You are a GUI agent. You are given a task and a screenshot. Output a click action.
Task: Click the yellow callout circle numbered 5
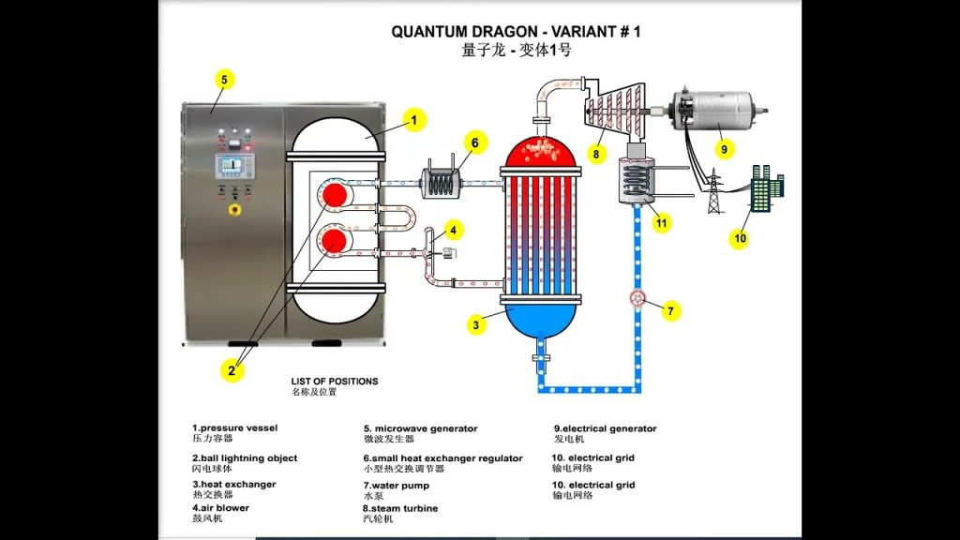pyautogui.click(x=223, y=80)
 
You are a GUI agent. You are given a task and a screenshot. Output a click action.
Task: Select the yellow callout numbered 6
pyautogui.click(x=474, y=143)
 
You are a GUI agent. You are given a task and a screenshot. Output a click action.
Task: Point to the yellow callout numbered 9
pyautogui.click(x=723, y=148)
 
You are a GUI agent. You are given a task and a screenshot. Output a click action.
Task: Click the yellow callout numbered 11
pyautogui.click(x=662, y=222)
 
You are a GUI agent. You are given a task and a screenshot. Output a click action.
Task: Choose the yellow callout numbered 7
pyautogui.click(x=670, y=311)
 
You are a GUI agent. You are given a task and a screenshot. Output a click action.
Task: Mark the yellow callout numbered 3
pyautogui.click(x=476, y=325)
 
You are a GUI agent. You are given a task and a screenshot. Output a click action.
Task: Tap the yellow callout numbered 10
pyautogui.click(x=740, y=239)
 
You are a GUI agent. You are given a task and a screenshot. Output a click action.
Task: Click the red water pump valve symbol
pyautogui.click(x=638, y=300)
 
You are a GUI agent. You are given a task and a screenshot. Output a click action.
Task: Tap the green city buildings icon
pyautogui.click(x=766, y=186)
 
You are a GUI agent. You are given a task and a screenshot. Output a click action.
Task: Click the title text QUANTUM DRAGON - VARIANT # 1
pyautogui.click(x=516, y=31)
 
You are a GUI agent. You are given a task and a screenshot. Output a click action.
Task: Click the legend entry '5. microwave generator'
pyautogui.click(x=421, y=429)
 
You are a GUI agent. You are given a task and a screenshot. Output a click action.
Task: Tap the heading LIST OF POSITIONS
pyautogui.click(x=335, y=382)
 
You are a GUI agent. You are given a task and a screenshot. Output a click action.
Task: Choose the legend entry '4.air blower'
pyautogui.click(x=221, y=508)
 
